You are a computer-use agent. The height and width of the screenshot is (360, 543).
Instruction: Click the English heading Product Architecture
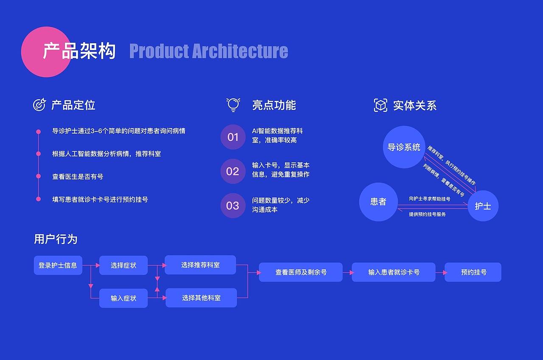(208, 51)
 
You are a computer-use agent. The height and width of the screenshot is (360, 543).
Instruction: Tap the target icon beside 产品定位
(39, 105)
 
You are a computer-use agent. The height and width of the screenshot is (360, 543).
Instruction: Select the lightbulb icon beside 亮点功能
(233, 105)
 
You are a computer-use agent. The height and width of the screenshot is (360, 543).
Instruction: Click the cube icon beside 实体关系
(381, 105)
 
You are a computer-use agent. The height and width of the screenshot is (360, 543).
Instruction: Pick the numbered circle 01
(233, 137)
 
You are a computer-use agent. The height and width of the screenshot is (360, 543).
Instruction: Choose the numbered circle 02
(233, 171)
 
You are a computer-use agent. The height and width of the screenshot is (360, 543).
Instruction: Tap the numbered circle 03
(233, 206)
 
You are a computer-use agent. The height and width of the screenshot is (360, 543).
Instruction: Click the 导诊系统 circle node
(404, 147)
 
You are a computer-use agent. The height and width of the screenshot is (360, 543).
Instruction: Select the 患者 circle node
(378, 202)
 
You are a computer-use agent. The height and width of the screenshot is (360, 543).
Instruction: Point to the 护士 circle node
(483, 206)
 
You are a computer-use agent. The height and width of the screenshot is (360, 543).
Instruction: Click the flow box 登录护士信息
(58, 265)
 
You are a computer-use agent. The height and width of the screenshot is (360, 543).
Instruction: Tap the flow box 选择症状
(123, 265)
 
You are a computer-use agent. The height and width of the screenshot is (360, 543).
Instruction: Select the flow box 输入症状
(123, 298)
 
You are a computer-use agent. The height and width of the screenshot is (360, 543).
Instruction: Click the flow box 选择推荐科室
(200, 265)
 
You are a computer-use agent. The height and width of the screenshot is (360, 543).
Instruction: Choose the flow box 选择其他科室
(201, 298)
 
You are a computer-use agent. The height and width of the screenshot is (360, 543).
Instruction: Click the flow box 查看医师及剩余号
(301, 272)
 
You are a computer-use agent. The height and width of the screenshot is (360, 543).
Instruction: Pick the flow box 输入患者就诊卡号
(394, 272)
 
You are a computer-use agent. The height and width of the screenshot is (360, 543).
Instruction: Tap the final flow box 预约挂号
(473, 272)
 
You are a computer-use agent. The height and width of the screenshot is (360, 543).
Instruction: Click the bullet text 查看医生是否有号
(78, 176)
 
